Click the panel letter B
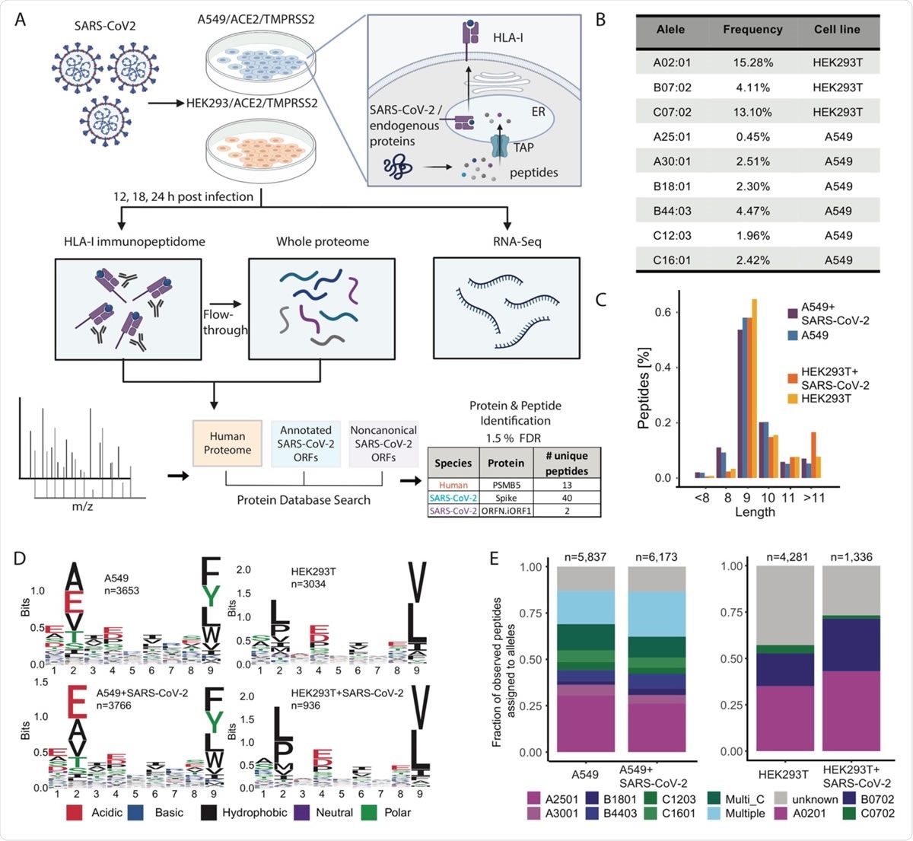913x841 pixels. point(601,21)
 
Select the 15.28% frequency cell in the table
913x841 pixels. point(752,62)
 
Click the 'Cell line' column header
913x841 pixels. point(837,30)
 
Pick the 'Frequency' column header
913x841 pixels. point(752,30)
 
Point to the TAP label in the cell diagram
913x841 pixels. point(523,147)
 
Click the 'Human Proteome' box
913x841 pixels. point(227,443)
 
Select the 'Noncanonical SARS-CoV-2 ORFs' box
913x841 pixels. point(383,443)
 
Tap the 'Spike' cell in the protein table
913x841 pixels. point(506,498)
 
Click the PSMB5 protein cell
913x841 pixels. point(506,485)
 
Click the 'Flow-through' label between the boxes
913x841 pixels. point(225,322)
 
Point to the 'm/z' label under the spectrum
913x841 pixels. point(81,505)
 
